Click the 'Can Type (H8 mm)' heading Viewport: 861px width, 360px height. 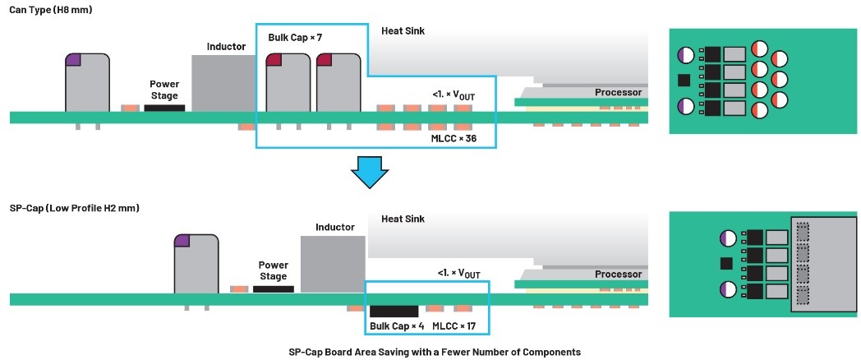[50, 9]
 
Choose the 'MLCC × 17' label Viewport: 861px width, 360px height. [454, 326]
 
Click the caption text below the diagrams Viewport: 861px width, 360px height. [434, 352]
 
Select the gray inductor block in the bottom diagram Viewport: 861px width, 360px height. [333, 263]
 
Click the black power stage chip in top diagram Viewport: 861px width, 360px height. [164, 107]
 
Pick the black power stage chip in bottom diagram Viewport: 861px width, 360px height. [274, 289]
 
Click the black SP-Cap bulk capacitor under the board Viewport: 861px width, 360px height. [394, 311]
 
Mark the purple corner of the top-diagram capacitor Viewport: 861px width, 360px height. [74, 59]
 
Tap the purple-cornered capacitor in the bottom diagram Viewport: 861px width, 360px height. [196, 264]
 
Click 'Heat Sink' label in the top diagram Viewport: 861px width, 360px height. [403, 31]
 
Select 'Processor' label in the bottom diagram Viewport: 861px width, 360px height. [618, 275]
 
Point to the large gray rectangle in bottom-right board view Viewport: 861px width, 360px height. [822, 263]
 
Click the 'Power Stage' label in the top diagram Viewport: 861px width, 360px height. [164, 90]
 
